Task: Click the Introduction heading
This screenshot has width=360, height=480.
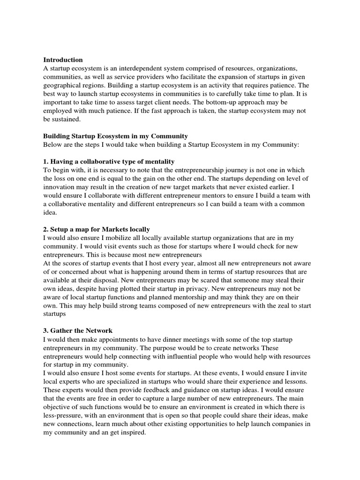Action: click(x=63, y=60)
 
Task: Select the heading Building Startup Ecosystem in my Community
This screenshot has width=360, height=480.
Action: click(x=115, y=136)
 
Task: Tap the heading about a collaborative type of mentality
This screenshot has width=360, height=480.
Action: click(x=109, y=161)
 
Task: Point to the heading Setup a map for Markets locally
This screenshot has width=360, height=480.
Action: click(x=97, y=229)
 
